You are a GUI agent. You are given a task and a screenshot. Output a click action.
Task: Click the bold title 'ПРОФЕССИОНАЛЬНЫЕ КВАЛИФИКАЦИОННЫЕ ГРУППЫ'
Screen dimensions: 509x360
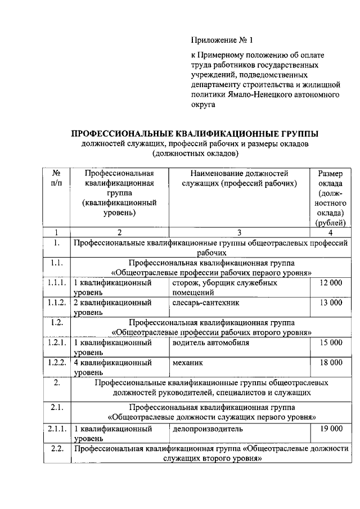pyautogui.click(x=194, y=134)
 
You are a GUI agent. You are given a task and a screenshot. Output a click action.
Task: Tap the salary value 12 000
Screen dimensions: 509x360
pyautogui.click(x=330, y=283)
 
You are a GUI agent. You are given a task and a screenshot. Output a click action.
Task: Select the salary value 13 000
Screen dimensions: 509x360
pyautogui.click(x=330, y=303)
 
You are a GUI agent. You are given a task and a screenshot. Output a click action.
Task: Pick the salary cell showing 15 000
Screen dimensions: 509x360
pyautogui.click(x=330, y=343)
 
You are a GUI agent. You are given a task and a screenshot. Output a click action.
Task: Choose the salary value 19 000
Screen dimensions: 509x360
pyautogui.click(x=330, y=429)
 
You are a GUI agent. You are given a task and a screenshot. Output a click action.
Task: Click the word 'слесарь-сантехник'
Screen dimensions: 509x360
pyautogui.click(x=206, y=303)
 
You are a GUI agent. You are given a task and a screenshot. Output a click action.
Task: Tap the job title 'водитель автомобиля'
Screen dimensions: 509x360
pyautogui.click(x=211, y=343)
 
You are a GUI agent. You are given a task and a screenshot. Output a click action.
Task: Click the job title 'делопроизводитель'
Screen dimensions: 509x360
pyautogui.click(x=208, y=429)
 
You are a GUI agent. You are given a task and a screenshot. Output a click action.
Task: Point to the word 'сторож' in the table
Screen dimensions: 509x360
pyautogui.click(x=186, y=283)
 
